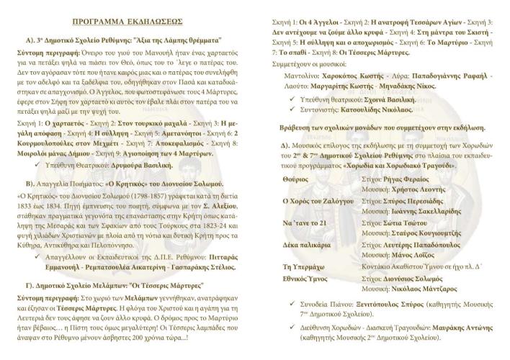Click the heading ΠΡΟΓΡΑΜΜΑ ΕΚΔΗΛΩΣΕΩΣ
[x=127, y=22]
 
